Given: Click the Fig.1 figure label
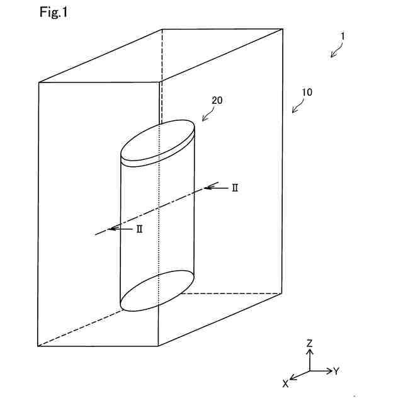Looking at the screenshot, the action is coord(53,12).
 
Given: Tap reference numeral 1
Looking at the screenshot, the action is coord(342,37).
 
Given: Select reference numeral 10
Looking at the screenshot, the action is coord(307,92).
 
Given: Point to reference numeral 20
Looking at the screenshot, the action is coord(217,100).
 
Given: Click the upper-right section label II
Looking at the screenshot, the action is coord(234,188).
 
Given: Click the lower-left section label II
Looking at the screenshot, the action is coord(139,229).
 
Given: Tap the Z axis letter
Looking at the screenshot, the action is coord(309,343).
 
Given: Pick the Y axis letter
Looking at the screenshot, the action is coord(336,371).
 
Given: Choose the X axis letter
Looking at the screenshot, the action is coord(285,383).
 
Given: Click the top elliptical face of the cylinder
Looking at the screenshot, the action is coord(157,139).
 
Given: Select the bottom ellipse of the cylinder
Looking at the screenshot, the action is coord(157,291).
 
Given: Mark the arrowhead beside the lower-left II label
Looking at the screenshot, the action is coord(111,229).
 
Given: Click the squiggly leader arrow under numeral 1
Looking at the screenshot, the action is coord(337,51).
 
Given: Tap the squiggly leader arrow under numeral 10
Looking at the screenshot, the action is coord(297,106).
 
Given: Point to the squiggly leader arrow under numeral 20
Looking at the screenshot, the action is coord(207,114).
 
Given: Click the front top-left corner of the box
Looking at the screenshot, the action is coord(39,82).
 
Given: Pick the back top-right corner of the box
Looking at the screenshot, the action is coord(282,28).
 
